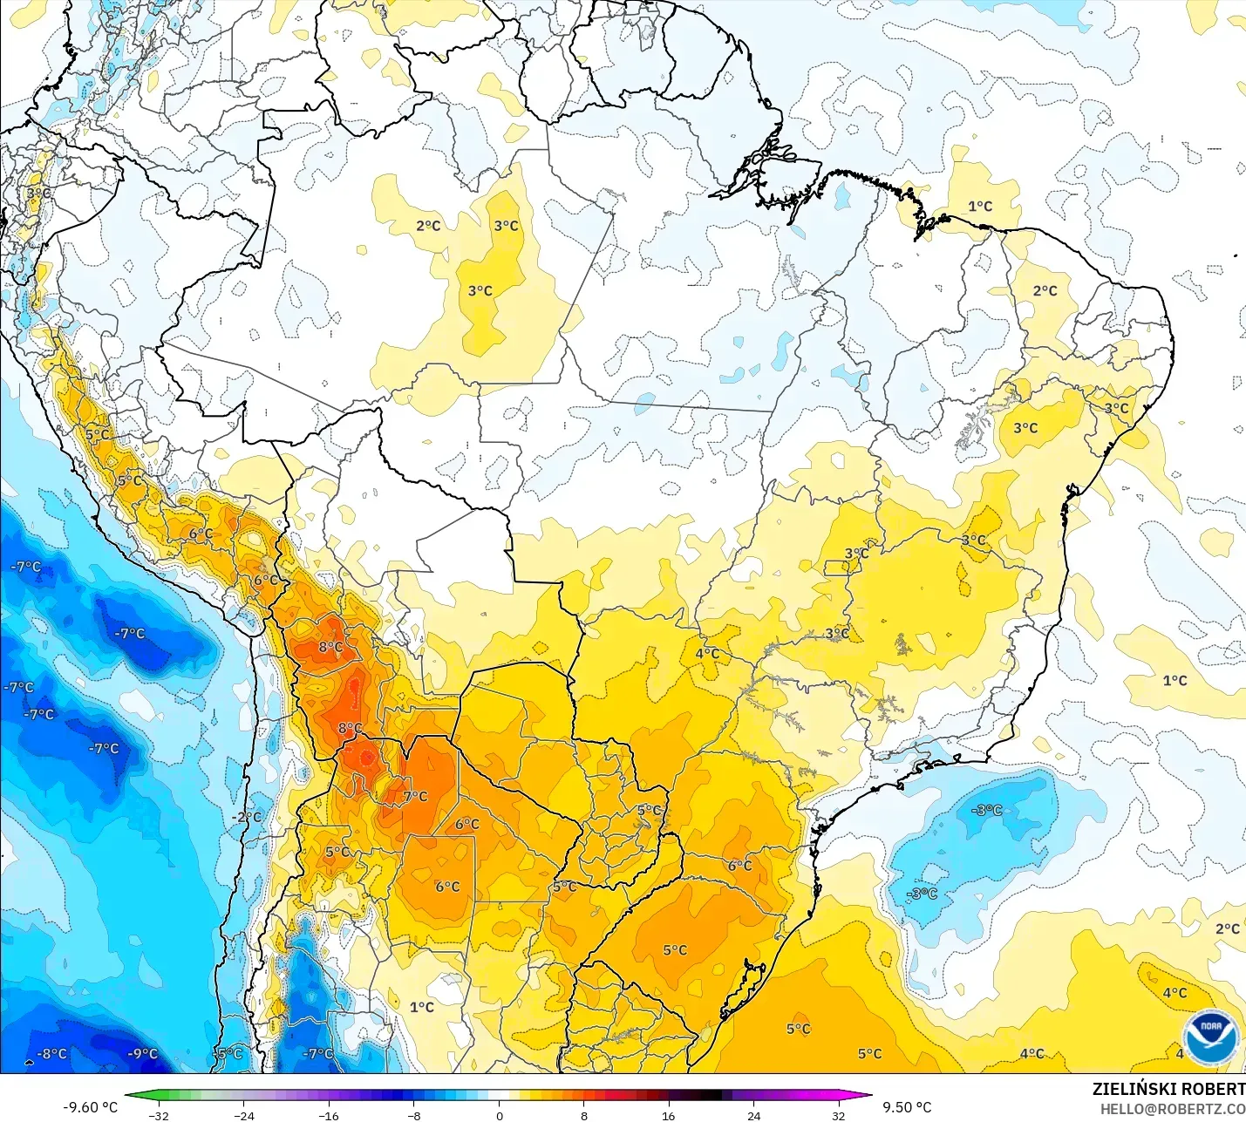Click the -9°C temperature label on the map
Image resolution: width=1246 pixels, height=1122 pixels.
142,1054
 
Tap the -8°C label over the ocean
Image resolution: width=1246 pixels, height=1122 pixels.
51,1054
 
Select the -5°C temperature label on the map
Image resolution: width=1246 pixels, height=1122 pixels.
228,1054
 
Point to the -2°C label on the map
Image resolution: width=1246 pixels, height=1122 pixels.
248,817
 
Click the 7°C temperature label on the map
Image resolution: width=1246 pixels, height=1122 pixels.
416,796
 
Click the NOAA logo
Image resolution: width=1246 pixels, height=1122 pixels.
1211,1035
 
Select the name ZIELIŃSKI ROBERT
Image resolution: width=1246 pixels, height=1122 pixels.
1168,1089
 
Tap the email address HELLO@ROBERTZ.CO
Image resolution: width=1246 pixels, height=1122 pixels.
1172,1109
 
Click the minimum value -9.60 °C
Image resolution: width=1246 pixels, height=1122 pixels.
90,1107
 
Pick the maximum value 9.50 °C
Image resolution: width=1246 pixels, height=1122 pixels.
907,1107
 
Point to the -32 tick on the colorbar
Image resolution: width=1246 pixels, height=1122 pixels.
159,1115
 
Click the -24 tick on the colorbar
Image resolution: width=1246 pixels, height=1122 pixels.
244,1115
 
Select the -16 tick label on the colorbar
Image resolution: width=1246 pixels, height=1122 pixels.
328,1115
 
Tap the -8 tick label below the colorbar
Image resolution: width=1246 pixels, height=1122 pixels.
414,1115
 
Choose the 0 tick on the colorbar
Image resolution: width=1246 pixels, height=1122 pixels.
499,1115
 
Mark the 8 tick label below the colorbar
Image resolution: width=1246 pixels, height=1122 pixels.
584,1115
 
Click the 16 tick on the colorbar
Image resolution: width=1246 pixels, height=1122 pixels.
668,1115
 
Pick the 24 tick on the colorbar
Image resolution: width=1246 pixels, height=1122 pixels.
753,1115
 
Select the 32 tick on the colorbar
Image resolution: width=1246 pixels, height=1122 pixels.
838,1115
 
